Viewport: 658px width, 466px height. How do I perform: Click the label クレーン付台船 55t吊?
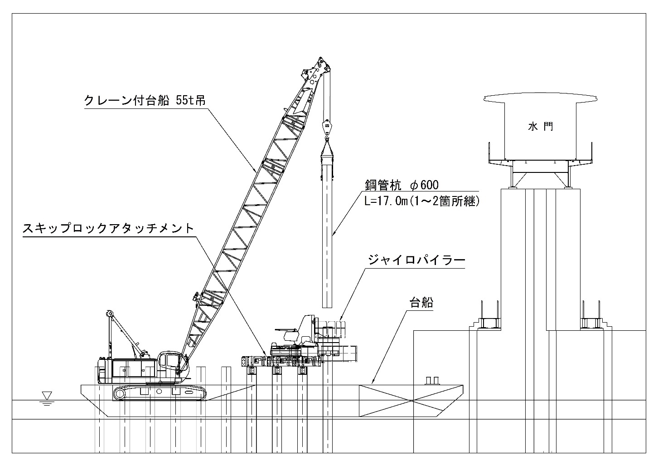tap(145, 100)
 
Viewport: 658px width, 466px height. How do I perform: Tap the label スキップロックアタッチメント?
tap(108, 228)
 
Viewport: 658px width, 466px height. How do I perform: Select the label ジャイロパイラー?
tap(416, 260)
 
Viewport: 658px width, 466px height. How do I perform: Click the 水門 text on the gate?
tap(540, 127)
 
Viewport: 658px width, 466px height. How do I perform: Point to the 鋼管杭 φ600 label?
tap(402, 185)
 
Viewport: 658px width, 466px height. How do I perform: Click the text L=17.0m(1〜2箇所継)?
tap(422, 201)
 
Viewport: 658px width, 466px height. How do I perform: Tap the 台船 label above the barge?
tap(421, 302)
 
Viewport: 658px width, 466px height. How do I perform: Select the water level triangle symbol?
tap(47, 395)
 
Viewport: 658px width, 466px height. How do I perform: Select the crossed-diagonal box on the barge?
tap(411, 400)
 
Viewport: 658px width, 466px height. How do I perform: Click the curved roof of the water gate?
tap(541, 98)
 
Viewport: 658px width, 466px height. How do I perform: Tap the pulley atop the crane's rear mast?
tap(109, 314)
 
